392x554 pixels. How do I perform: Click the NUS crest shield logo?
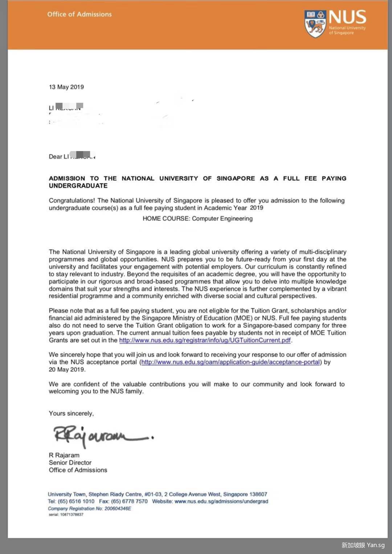coord(315,24)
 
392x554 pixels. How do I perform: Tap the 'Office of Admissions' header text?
coord(79,14)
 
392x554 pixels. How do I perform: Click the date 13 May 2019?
coord(66,87)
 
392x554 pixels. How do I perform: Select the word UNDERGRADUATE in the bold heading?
coord(78,186)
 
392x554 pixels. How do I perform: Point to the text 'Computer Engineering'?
coord(222,219)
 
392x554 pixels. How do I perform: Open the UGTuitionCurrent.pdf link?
coord(205,340)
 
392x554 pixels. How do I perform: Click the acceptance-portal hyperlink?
coord(230,362)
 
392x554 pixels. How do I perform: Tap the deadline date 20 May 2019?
coord(67,370)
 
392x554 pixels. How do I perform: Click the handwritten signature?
coord(102,436)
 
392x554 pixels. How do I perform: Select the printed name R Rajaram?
coord(64,455)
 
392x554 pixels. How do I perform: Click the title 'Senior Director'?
coord(70,463)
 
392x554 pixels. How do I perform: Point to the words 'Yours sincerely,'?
coord(72,414)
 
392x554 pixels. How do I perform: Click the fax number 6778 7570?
coord(136,501)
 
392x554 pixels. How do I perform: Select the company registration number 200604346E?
coord(118,509)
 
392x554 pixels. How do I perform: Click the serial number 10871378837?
coord(72,514)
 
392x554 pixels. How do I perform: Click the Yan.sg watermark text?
coord(376,545)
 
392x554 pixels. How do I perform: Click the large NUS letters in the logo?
coord(347,17)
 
